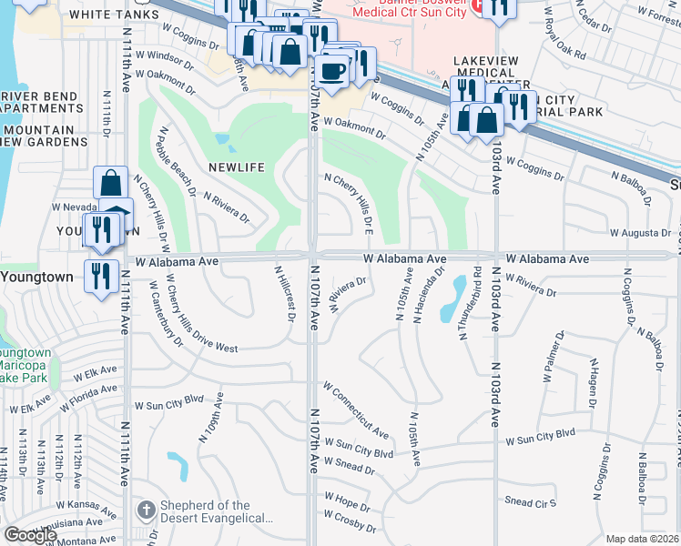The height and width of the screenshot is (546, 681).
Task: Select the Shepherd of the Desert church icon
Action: coord(145,511)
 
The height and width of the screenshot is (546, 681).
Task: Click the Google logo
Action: coord(30,535)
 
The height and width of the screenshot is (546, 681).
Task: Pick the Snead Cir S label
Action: coord(530,502)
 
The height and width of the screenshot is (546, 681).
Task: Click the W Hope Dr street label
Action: coord(345,504)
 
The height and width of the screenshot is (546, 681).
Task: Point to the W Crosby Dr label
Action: coord(342,527)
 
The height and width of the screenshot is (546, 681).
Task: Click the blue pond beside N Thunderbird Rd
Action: coord(451,301)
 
